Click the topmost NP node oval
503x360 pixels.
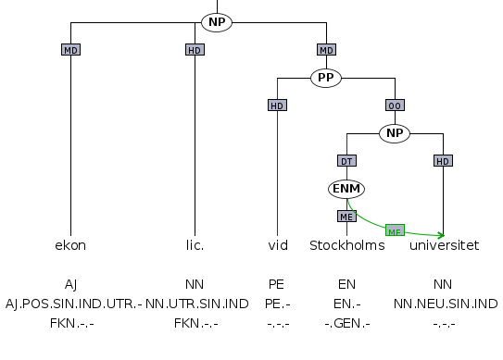[216, 21]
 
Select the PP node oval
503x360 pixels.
[326, 78]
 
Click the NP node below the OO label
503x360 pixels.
[395, 133]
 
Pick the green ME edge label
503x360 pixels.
[396, 230]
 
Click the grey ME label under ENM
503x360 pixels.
[345, 217]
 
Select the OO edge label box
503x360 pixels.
[395, 106]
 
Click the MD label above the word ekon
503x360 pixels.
[70, 49]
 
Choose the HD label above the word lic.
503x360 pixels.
[195, 49]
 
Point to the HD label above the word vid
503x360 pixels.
[277, 106]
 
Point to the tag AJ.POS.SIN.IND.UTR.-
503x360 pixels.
[72, 303]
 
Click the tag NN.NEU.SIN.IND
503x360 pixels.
[445, 303]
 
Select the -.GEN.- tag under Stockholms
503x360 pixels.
[346, 322]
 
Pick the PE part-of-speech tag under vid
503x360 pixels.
[277, 284]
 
